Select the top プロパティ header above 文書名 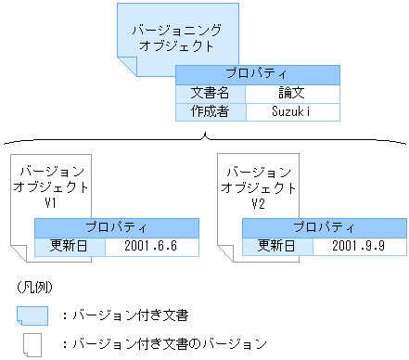257,74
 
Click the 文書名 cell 210,94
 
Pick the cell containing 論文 292,94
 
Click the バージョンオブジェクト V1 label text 52,186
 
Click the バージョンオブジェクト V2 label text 259,186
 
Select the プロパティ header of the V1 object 117,227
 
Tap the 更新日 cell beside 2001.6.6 70,247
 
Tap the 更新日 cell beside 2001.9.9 277,247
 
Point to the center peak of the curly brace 204,135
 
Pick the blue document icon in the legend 32,315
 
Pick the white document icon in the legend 32,343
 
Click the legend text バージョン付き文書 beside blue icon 138,315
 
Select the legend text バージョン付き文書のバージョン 168,343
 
